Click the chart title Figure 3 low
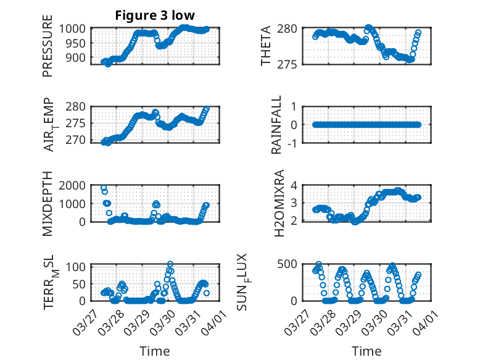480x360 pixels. (x=155, y=15)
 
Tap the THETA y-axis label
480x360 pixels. (x=267, y=46)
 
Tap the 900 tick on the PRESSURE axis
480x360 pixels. (x=78, y=57)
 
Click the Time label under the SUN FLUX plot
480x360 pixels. (x=366, y=351)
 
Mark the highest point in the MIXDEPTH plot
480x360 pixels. (x=104, y=188)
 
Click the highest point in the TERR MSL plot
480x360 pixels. (x=170, y=264)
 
